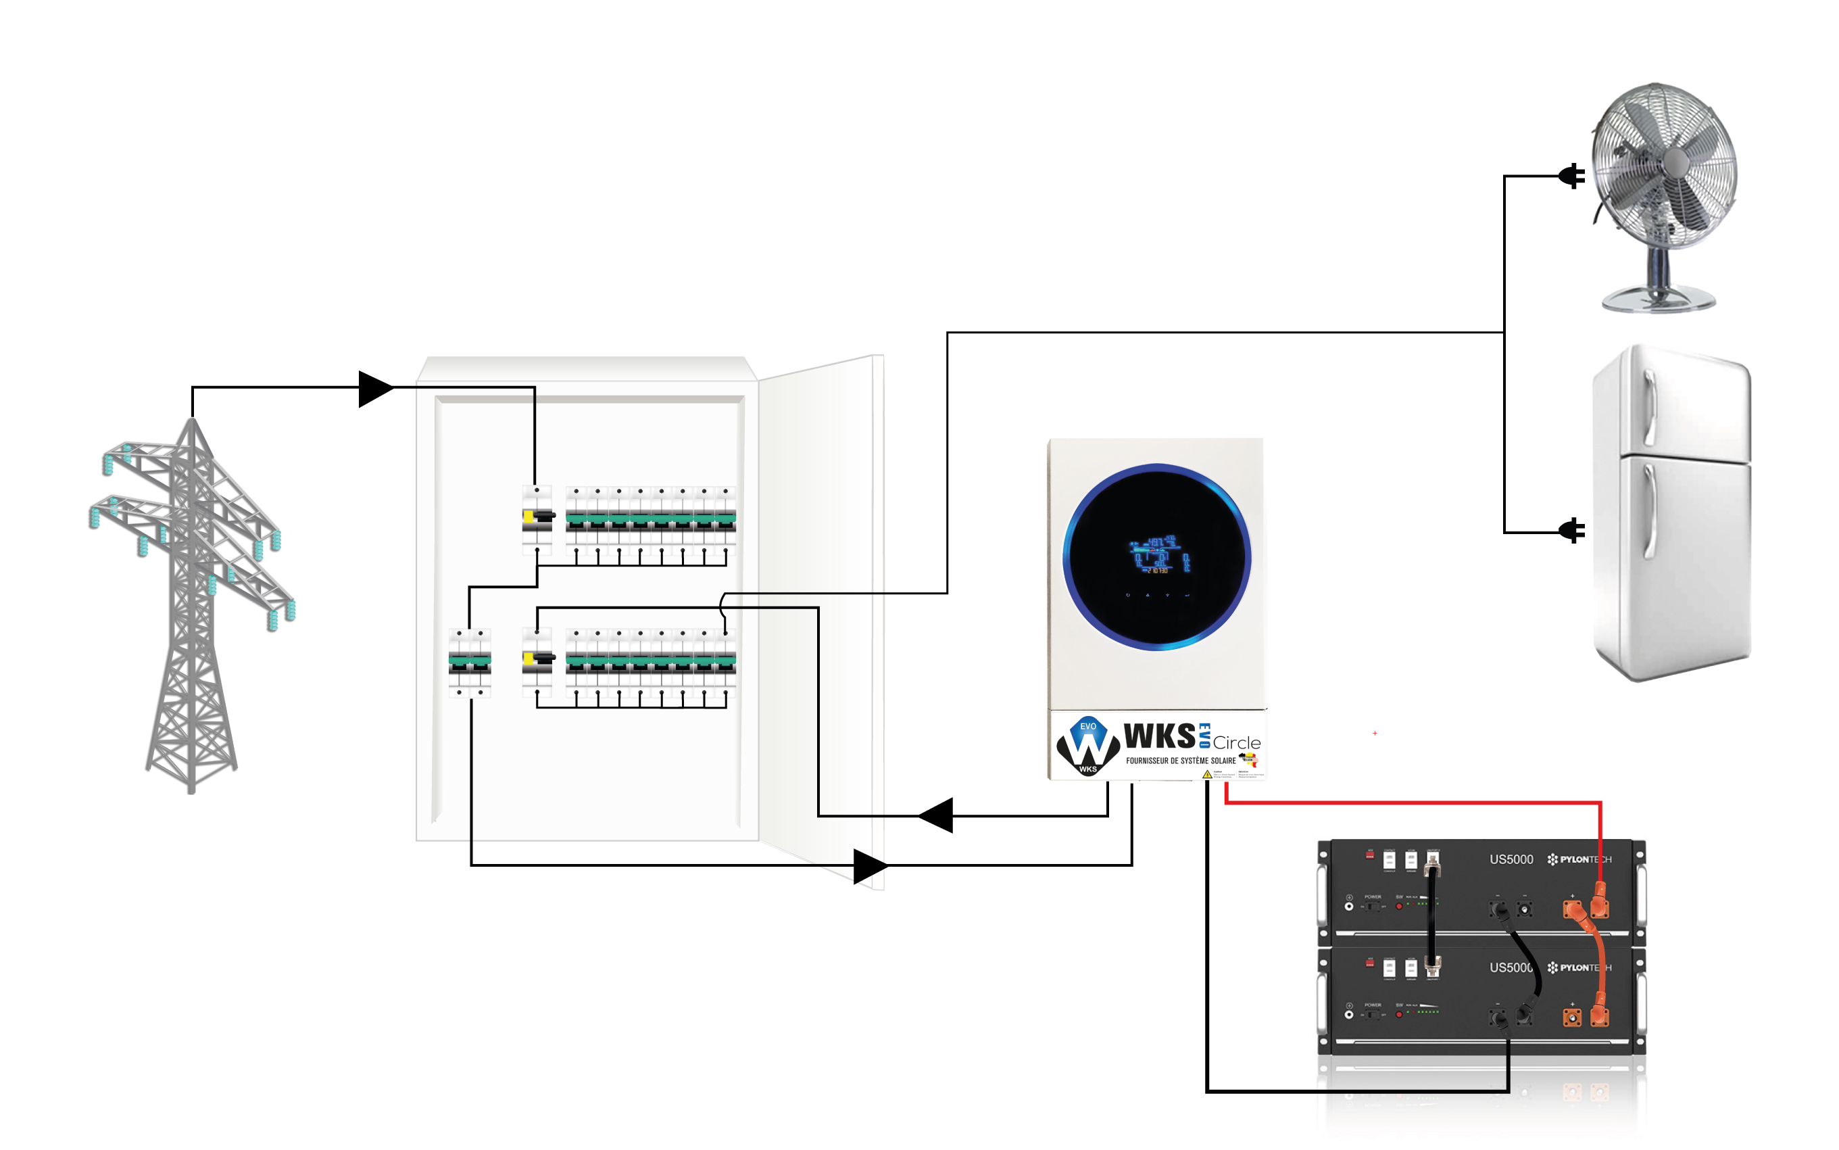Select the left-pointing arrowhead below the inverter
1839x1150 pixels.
(x=937, y=815)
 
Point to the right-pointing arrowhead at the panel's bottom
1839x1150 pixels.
(x=870, y=865)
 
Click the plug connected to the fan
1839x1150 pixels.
(x=1572, y=176)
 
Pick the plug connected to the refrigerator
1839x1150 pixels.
(x=1572, y=530)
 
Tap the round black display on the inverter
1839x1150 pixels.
(x=1156, y=557)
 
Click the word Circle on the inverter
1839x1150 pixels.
(x=1236, y=743)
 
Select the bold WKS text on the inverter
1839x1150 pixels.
(x=1159, y=736)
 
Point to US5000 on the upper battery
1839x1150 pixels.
(x=1511, y=859)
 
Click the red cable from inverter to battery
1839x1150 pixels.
(x=1414, y=802)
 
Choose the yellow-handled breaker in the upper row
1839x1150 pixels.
(x=537, y=517)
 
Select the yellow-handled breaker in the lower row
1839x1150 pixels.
(x=537, y=658)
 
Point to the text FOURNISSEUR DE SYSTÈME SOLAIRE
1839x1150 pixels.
(x=1180, y=761)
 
